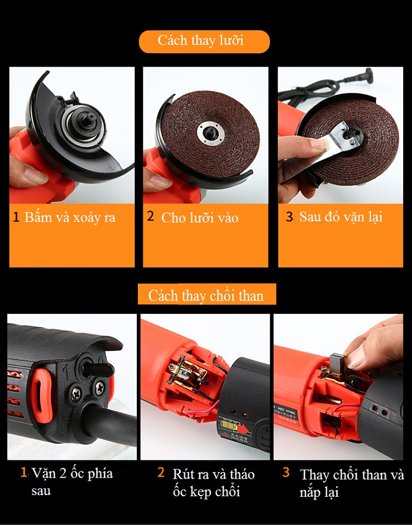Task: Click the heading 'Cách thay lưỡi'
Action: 201,41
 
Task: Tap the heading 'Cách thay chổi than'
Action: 205,296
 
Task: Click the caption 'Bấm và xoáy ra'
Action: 70,217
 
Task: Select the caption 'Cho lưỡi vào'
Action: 200,218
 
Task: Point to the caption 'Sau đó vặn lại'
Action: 341,217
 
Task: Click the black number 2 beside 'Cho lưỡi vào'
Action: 151,216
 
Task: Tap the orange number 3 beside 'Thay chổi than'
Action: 286,472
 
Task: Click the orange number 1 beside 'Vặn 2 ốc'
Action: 24,471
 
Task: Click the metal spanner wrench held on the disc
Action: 322,151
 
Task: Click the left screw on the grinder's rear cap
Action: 76,393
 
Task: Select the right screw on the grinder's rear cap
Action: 100,387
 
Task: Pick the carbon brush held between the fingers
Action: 337,363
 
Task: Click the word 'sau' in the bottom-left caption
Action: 41,491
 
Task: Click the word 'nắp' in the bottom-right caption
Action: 309,493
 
